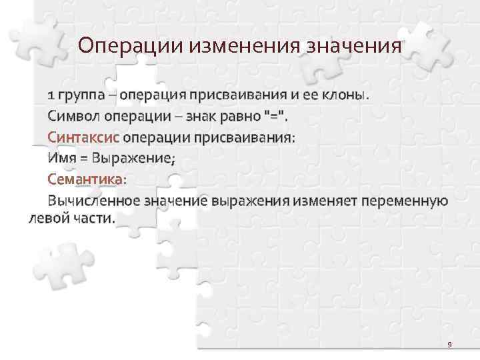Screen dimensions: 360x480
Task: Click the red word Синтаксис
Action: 83,137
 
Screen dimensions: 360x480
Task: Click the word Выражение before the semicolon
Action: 131,158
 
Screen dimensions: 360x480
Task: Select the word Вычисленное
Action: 93,200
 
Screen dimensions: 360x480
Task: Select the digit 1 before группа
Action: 51,95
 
